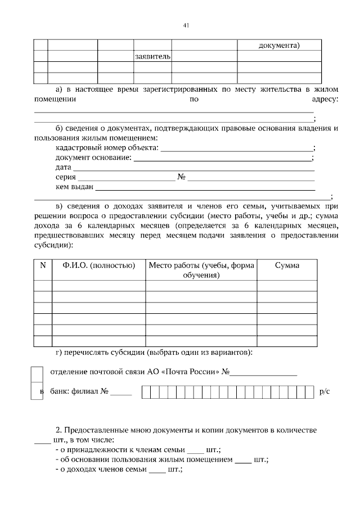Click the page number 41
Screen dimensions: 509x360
(x=186, y=25)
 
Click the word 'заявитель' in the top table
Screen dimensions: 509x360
(x=152, y=57)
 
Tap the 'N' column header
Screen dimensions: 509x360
(x=43, y=265)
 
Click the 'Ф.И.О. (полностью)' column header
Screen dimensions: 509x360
(x=99, y=265)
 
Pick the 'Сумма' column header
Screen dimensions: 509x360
(x=287, y=265)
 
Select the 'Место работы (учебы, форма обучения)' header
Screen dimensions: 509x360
(x=201, y=270)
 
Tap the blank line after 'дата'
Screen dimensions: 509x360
(x=194, y=168)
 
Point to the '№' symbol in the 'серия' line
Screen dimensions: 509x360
(x=182, y=177)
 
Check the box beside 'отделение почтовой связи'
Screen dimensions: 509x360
(x=37, y=373)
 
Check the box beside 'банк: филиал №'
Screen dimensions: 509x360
(x=37, y=391)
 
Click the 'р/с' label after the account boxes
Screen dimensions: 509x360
(x=324, y=391)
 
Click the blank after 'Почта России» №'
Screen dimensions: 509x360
(x=263, y=373)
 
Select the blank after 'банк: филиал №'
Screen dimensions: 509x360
(x=121, y=393)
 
